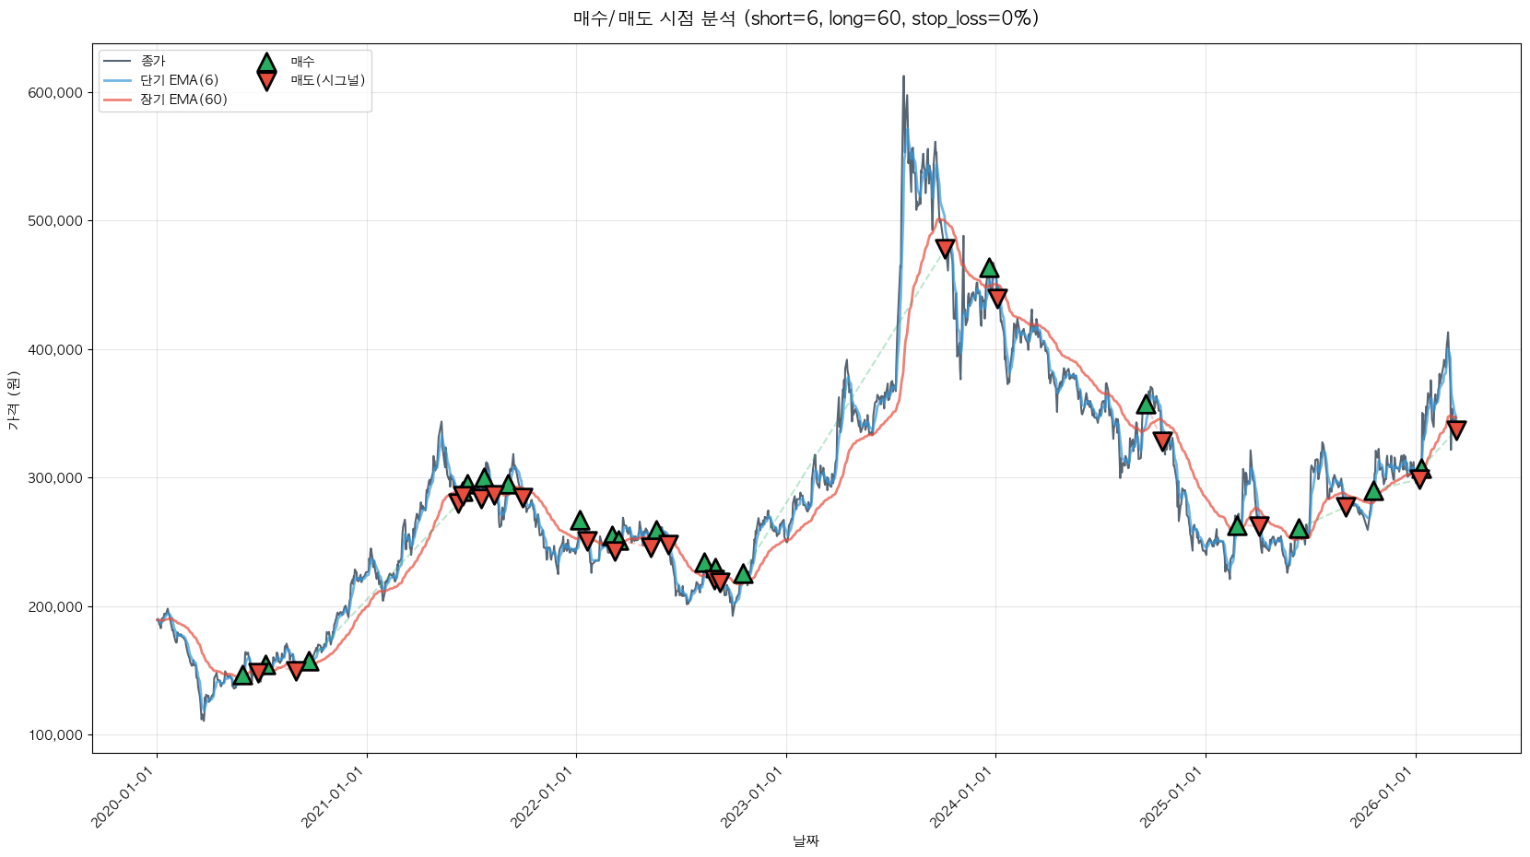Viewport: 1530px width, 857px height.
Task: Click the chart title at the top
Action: click(806, 18)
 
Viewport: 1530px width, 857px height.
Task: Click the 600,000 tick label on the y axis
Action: click(55, 92)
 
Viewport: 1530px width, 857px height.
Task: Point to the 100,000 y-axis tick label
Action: click(55, 735)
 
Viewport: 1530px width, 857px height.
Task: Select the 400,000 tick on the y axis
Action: click(55, 349)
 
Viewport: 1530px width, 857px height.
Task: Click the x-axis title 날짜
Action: click(806, 840)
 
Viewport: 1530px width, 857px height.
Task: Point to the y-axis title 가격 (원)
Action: click(13, 400)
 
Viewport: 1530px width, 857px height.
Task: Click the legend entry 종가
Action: click(153, 61)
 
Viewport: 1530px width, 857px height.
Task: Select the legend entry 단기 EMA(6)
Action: click(179, 80)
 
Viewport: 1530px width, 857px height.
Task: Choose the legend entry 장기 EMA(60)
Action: click(183, 100)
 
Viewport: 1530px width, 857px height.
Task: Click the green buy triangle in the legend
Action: click(266, 63)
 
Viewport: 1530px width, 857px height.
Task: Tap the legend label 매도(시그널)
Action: click(328, 80)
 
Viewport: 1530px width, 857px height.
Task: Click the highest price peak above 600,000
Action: click(903, 76)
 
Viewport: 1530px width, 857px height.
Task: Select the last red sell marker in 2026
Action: click(1456, 429)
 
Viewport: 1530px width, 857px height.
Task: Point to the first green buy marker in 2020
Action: click(242, 675)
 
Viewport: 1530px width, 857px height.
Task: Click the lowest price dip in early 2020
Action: click(203, 720)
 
